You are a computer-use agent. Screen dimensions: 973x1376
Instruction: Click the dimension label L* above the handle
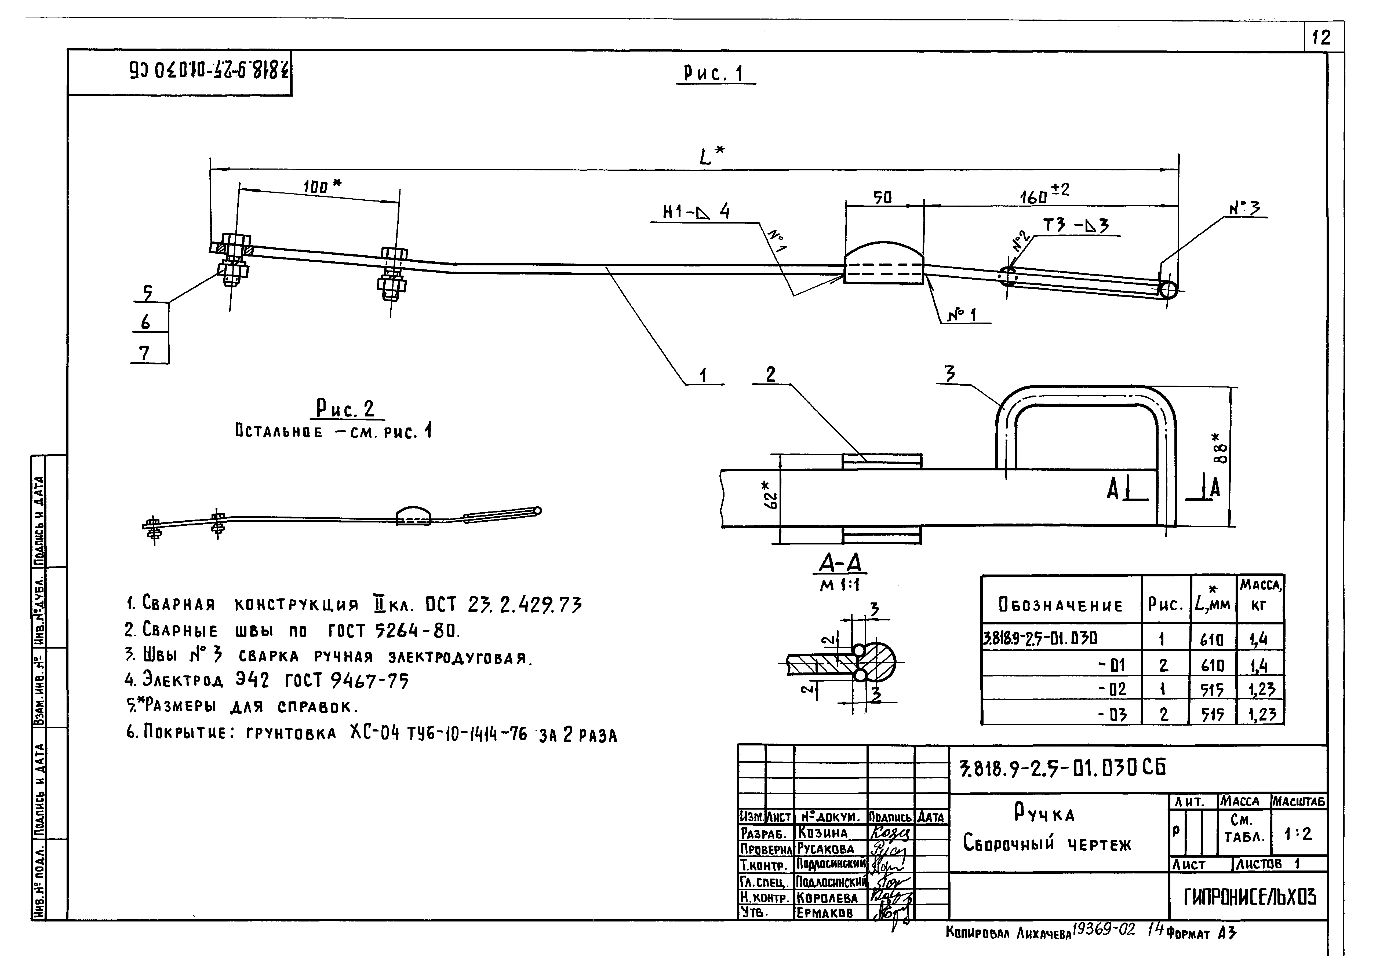coord(711,156)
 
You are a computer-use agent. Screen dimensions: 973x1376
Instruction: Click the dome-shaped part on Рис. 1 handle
coord(884,262)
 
